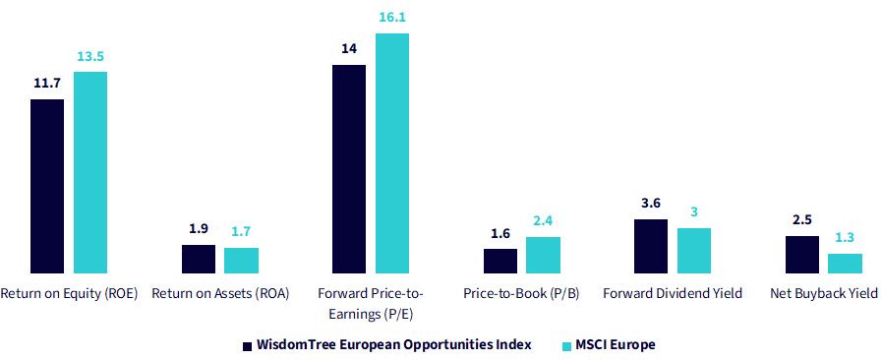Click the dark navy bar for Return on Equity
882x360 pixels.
pos(47,186)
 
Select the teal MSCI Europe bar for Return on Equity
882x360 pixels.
pos(90,173)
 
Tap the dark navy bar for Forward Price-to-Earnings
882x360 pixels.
pos(349,169)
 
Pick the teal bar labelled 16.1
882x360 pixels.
pos(392,153)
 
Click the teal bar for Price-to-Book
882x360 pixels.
pos(544,256)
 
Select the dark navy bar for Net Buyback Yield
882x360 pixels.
pos(802,255)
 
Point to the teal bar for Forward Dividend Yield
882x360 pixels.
pos(694,251)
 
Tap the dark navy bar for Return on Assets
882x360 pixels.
pos(198,260)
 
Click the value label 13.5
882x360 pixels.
pos(90,57)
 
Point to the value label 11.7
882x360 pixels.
pos(47,85)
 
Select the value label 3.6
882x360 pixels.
pos(651,205)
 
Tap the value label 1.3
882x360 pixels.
pos(845,238)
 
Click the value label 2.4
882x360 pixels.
pos(543,221)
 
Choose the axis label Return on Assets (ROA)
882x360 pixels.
pos(220,294)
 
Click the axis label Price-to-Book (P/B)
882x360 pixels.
pos(521,294)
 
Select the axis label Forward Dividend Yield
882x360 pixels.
pos(673,293)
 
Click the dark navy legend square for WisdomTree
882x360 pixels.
pos(247,345)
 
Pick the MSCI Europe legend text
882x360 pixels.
pos(615,345)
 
